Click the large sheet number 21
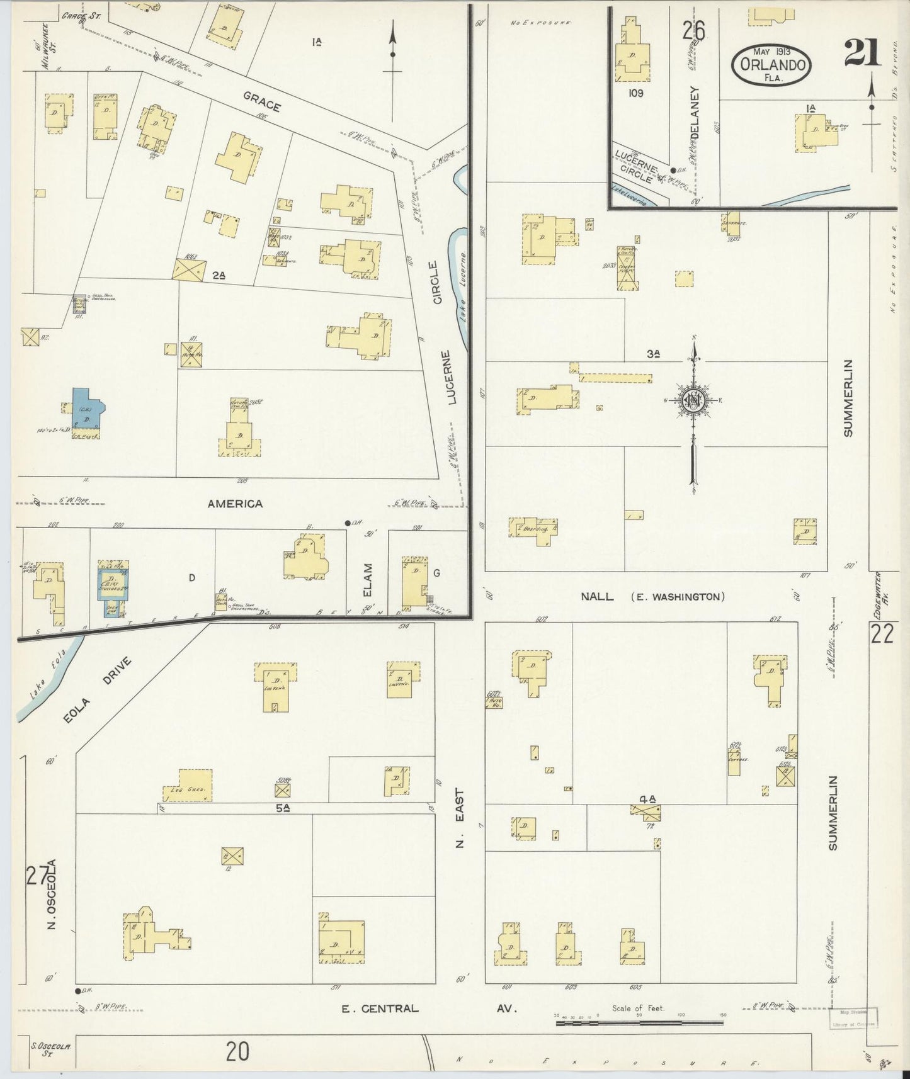862,53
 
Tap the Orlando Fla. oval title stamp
771,64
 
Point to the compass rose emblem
693,400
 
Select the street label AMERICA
236,504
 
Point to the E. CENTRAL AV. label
428,1008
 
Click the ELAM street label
368,580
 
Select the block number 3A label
652,354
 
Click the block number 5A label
282,807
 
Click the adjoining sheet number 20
238,1051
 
